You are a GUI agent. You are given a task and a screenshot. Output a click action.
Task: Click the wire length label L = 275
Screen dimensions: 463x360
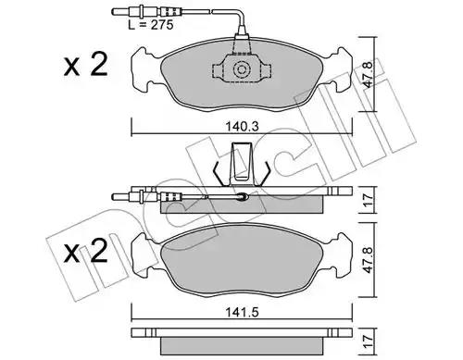[151, 25]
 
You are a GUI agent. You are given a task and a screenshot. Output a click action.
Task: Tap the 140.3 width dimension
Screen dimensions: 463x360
[242, 127]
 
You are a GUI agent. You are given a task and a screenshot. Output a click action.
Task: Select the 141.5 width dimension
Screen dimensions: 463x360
[242, 312]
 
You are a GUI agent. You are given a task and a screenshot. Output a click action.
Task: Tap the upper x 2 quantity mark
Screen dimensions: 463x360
[85, 65]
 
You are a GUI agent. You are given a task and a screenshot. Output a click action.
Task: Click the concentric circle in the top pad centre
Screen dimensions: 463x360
[242, 69]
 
